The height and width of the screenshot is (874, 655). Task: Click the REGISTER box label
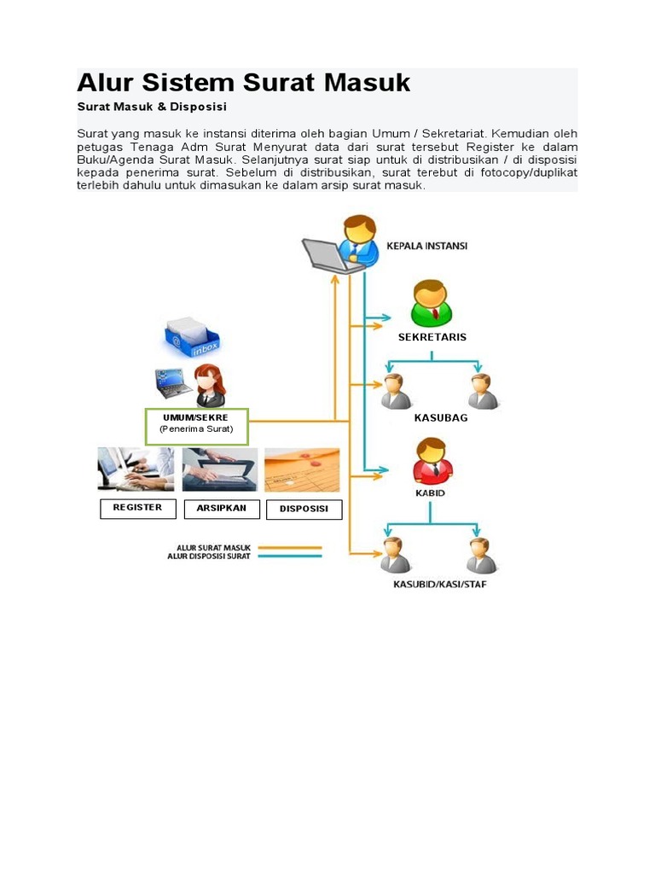click(137, 509)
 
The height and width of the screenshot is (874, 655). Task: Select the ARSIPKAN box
click(222, 509)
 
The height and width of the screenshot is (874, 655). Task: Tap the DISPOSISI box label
click(304, 510)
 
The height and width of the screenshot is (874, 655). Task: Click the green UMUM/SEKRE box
click(197, 427)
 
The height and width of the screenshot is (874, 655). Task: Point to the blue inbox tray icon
click(192, 337)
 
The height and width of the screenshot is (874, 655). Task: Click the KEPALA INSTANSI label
click(427, 246)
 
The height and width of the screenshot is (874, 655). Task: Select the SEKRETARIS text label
click(432, 337)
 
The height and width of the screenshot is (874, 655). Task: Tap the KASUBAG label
click(441, 418)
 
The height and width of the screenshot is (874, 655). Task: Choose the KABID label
click(430, 493)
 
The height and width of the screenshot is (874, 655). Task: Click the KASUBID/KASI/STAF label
click(440, 585)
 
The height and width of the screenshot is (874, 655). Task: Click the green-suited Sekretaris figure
click(431, 303)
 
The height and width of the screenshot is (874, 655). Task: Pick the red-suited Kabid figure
click(432, 461)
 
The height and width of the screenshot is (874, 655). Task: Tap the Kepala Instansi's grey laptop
click(328, 255)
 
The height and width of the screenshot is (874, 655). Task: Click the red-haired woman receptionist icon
click(210, 386)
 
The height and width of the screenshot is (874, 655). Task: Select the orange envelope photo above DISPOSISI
click(302, 470)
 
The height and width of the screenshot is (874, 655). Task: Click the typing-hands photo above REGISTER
click(136, 469)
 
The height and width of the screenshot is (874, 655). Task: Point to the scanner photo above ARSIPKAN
click(220, 470)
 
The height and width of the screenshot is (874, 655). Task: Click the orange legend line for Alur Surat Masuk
click(290, 548)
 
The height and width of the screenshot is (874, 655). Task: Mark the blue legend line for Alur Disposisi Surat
click(290, 556)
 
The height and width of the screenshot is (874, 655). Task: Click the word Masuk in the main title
click(367, 83)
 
